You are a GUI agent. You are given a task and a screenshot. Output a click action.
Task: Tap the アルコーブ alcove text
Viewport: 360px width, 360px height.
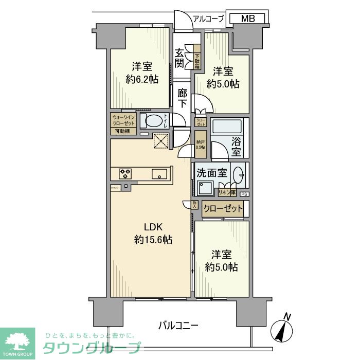click(x=208, y=19)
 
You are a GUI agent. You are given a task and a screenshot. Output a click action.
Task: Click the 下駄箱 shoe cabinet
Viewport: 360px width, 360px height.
click(x=197, y=62)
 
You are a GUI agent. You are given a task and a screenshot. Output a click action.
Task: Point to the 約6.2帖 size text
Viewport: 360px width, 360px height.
click(x=141, y=79)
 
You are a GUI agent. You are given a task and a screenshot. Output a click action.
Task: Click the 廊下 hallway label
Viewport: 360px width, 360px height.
click(x=182, y=98)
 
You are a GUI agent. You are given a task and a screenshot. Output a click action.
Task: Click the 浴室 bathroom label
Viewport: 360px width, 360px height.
click(x=236, y=147)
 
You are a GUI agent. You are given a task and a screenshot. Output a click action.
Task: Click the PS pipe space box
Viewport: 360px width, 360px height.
click(x=244, y=194)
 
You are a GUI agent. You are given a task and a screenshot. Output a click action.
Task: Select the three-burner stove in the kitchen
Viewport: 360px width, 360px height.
click(x=125, y=173)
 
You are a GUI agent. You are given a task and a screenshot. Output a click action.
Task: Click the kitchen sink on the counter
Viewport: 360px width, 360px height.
click(x=160, y=174)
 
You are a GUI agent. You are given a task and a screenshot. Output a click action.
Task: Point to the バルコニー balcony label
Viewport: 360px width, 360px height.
click(x=177, y=325)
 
